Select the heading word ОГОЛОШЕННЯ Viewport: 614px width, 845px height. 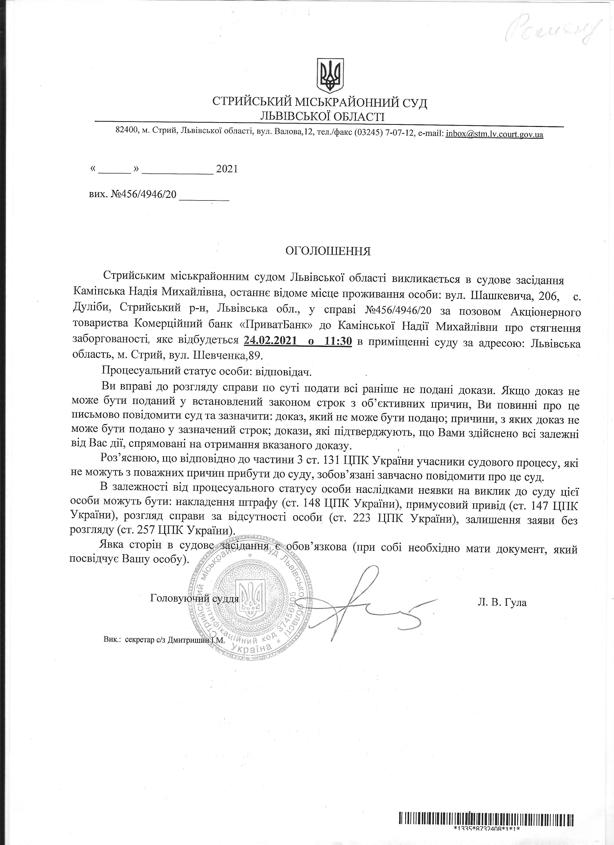click(x=328, y=252)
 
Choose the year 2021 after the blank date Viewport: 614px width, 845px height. click(x=227, y=169)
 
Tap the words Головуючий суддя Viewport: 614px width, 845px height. click(x=194, y=599)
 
